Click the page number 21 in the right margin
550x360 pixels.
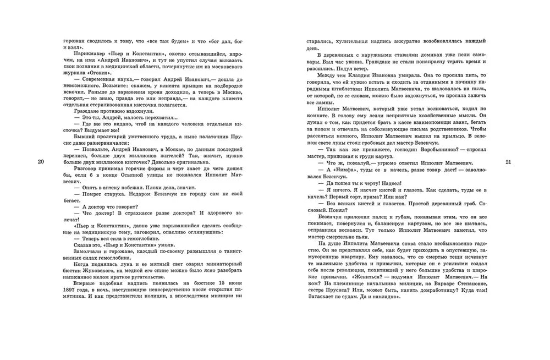click(x=508, y=161)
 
